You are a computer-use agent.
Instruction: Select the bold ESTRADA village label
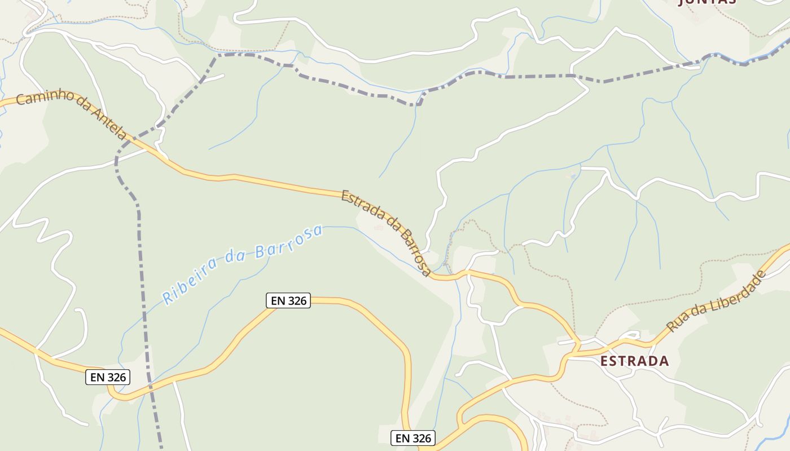[634, 361]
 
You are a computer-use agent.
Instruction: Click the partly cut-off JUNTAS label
[706, 2]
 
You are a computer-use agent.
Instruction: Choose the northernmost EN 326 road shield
[288, 300]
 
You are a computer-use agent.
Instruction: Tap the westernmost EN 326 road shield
[108, 377]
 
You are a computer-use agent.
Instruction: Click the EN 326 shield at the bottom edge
[413, 438]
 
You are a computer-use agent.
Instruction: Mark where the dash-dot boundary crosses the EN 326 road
[150, 387]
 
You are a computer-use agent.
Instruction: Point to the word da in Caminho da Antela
[82, 105]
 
